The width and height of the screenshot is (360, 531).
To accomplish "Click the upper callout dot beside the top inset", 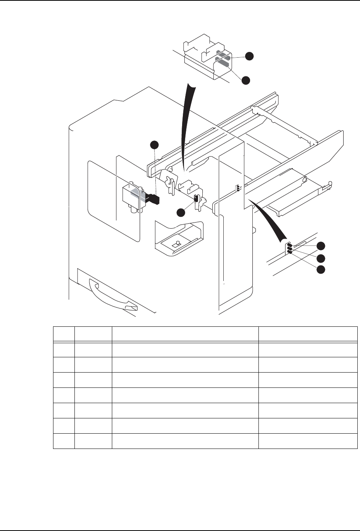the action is coord(249,56).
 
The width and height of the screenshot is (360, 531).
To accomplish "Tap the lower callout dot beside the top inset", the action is coord(245,80).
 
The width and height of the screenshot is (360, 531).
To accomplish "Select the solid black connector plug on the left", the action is coord(153,198).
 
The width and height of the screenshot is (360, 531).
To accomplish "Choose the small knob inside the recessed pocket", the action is coord(177,244).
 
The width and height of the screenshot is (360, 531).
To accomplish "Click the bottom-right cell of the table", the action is coord(308,441).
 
